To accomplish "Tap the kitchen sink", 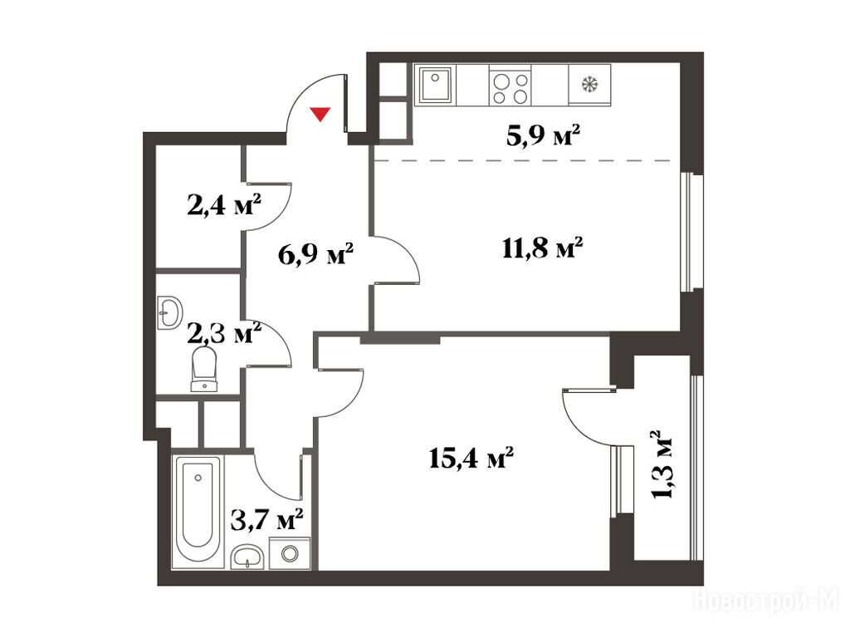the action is click(435, 85).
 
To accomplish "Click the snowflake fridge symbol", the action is click(589, 84).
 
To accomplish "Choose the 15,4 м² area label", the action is click(471, 459).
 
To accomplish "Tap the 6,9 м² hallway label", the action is click(315, 254).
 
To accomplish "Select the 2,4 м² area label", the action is click(224, 206).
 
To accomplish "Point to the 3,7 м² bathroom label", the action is click(266, 519).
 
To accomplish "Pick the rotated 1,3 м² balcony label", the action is click(662, 464).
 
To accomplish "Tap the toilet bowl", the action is click(204, 369).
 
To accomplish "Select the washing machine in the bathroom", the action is click(290, 553).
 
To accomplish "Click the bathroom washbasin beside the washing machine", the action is click(247, 557).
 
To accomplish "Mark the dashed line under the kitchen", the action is click(523, 160).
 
